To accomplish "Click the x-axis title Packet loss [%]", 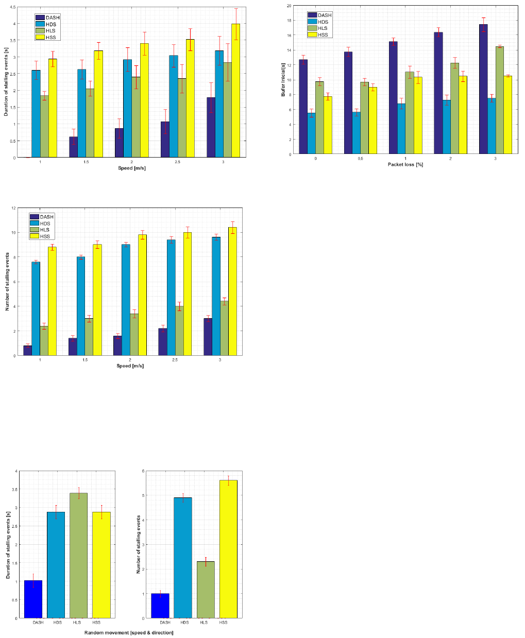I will click(405, 164).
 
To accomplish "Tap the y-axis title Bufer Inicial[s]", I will click(283, 80).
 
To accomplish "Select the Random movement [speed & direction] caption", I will click(129, 632).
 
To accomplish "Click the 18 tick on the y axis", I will click(289, 21).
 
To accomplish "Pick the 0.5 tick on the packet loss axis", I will click(360, 159).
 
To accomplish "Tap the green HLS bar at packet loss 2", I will click(454, 108).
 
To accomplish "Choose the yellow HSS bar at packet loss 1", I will click(417, 115).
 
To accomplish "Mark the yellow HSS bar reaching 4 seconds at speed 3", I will click(235, 91).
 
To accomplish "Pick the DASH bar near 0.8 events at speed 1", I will click(27, 350).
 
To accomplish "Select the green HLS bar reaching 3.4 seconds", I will click(78, 556).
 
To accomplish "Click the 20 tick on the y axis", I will click(289, 6).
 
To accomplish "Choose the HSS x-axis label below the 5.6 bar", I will click(223, 623).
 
